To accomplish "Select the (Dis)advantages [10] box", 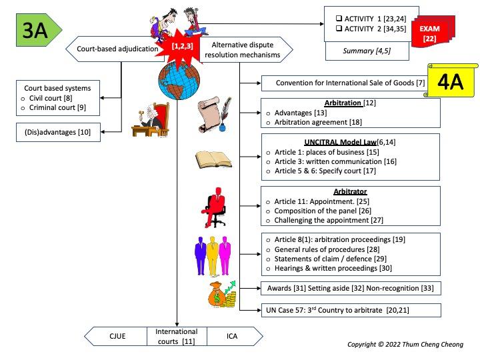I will click(58, 133).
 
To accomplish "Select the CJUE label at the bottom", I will click(117, 337).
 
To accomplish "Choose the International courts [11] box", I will click(177, 336).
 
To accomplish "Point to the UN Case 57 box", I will click(350, 310).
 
